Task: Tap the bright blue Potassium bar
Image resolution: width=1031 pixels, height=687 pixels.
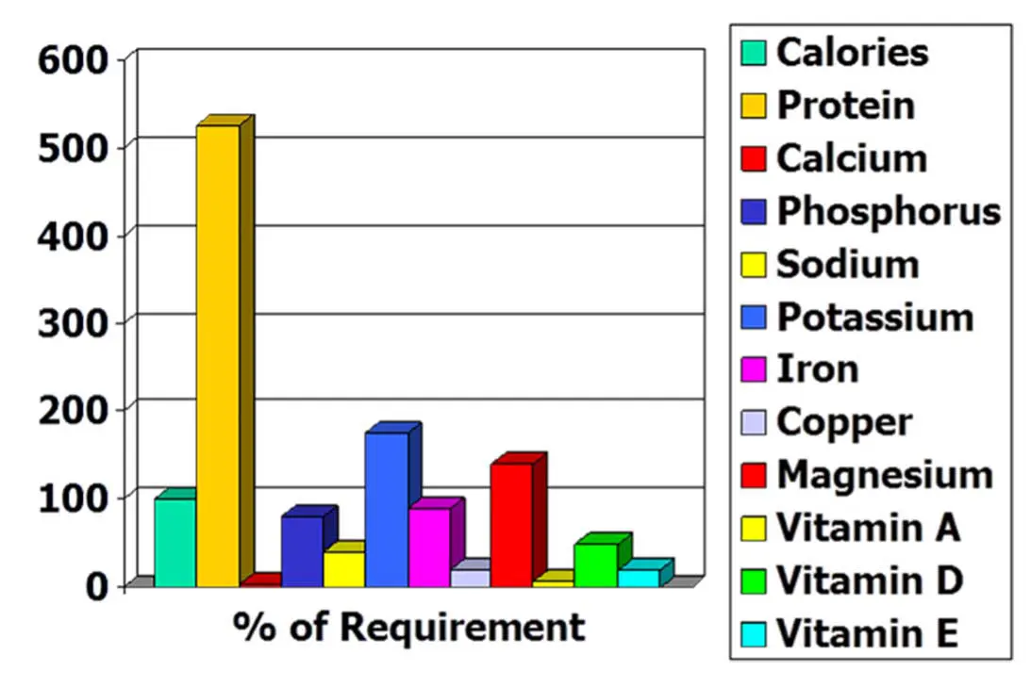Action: click(x=387, y=510)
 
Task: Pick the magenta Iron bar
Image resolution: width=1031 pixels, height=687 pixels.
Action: click(x=429, y=548)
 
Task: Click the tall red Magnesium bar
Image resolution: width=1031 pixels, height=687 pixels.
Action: click(x=511, y=525)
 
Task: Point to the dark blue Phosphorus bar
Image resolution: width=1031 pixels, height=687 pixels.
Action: click(x=302, y=551)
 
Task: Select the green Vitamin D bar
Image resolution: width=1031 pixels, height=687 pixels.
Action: click(x=595, y=565)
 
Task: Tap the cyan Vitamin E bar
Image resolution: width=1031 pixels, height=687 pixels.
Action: click(x=639, y=578)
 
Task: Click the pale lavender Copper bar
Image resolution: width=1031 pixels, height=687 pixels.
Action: click(x=470, y=578)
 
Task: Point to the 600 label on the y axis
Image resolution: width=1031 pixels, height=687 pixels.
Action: click(x=75, y=62)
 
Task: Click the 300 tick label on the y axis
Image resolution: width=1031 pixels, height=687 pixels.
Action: click(x=75, y=323)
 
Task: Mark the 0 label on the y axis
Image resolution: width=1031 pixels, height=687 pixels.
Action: click(x=100, y=586)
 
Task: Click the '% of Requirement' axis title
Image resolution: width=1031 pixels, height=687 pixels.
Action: click(x=407, y=627)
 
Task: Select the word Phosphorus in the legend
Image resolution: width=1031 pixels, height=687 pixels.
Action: click(x=888, y=211)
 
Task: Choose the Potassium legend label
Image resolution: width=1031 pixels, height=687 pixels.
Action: click(x=874, y=317)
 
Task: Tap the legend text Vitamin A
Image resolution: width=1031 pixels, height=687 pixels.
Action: click(x=868, y=528)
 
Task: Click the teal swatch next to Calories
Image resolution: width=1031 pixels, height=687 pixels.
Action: click(x=754, y=53)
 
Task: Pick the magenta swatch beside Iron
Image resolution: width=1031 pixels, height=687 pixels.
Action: click(x=754, y=369)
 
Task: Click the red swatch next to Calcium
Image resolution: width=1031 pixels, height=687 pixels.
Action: click(x=754, y=158)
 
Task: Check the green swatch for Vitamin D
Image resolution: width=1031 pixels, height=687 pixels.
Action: click(x=754, y=581)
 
